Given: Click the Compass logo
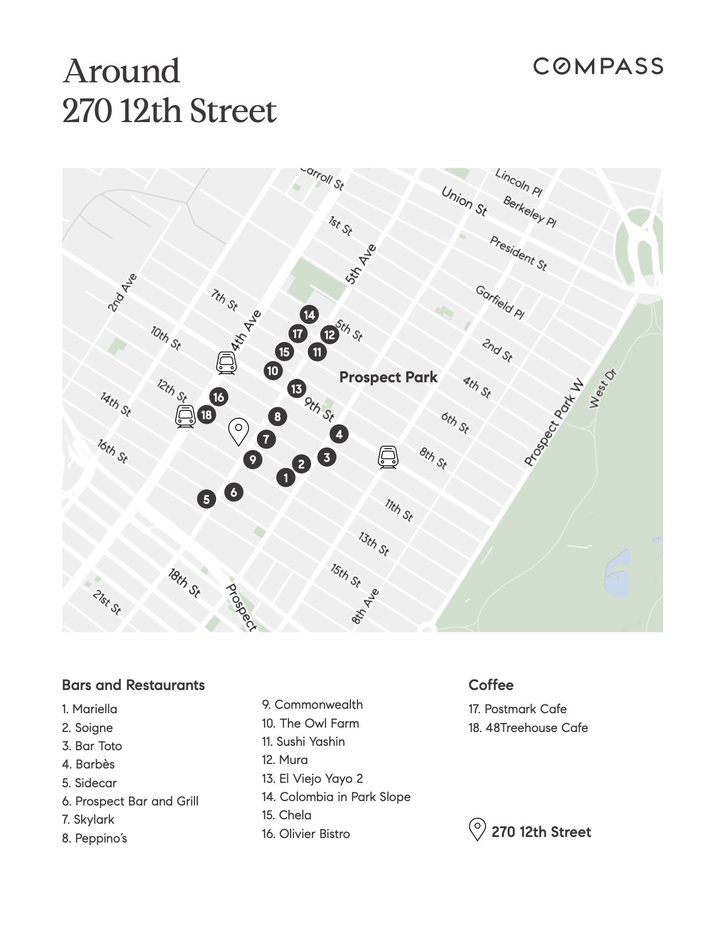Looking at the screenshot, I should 598,66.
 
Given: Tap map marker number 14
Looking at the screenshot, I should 309,315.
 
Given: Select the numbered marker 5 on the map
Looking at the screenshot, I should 206,499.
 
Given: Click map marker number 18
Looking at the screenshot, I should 206,415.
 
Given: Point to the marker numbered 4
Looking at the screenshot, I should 339,434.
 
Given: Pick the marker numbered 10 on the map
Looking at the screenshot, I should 272,371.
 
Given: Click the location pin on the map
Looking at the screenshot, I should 239,430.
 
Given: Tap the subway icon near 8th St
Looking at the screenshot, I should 388,457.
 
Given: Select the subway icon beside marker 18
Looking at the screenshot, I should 185,417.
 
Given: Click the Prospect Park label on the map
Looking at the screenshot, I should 388,377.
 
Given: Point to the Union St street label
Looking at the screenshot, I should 464,201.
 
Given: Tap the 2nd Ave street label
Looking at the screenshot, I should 122,293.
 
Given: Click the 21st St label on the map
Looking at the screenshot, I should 107,602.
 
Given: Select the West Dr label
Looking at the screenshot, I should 602,388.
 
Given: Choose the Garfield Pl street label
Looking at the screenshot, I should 500,302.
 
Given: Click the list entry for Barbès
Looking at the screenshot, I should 88,765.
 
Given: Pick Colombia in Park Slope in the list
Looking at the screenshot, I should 336,797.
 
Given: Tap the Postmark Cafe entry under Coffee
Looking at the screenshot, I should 517,709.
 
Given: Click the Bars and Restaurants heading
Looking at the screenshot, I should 133,685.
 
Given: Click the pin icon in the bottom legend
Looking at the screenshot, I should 476,830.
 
